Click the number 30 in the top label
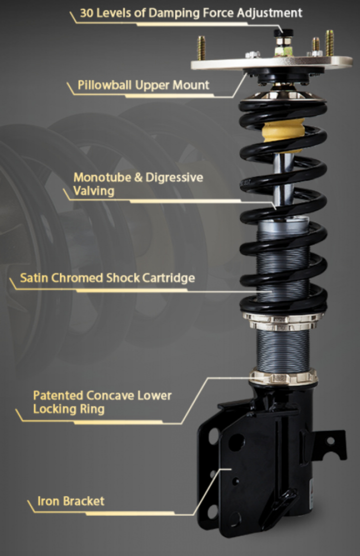click(x=86, y=13)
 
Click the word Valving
click(x=94, y=191)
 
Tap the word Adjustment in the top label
click(x=269, y=13)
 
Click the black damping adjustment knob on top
click(x=283, y=34)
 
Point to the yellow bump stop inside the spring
click(x=283, y=130)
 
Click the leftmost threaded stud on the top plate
click(x=201, y=48)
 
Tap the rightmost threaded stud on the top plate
click(x=329, y=43)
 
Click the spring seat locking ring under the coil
click(x=283, y=321)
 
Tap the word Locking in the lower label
click(x=53, y=409)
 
